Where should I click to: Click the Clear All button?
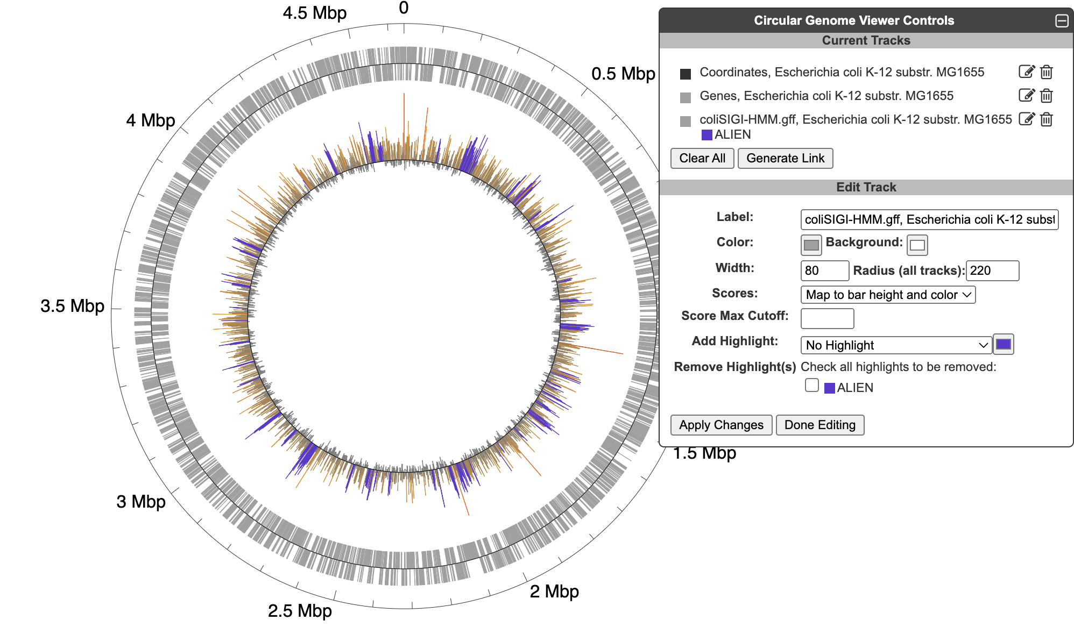click(x=702, y=158)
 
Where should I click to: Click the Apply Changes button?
click(x=720, y=425)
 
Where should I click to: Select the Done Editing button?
click(x=819, y=425)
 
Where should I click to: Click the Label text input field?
click(x=929, y=219)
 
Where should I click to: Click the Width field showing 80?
click(x=824, y=270)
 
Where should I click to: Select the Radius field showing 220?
click(x=992, y=270)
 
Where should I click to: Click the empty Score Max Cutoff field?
click(x=826, y=318)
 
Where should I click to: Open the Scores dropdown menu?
click(x=887, y=295)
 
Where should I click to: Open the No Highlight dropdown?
click(x=895, y=345)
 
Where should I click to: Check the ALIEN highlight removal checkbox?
click(x=812, y=386)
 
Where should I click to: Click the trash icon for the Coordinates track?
click(x=1046, y=72)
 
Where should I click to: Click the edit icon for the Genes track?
click(x=1026, y=96)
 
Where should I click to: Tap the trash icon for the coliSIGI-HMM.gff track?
click(x=1046, y=119)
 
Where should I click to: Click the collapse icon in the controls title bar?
click(x=1062, y=21)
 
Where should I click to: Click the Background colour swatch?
click(x=917, y=245)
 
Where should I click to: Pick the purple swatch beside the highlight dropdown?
click(x=1003, y=345)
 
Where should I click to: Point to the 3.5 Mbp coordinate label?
click(x=72, y=306)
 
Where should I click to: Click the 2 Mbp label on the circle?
click(x=554, y=592)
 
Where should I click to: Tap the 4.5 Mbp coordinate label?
click(x=314, y=13)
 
